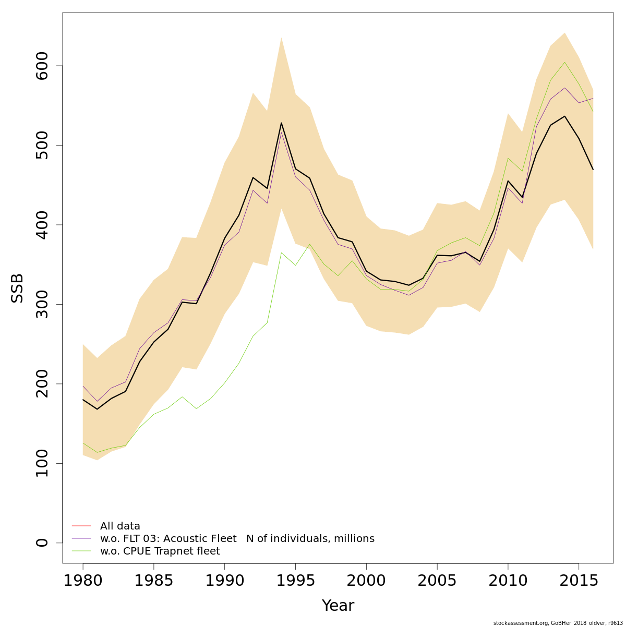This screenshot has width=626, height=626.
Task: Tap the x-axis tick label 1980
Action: pos(83,581)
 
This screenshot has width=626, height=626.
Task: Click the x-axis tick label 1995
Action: pos(295,581)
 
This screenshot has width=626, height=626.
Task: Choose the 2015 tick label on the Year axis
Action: pos(579,581)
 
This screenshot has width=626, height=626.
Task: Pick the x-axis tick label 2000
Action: pos(366,581)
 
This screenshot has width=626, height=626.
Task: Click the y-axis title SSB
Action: pos(18,288)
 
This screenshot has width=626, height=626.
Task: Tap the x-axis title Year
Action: pos(338,606)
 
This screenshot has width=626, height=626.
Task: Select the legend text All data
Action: pos(120,526)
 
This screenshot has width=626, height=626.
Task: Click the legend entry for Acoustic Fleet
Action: pos(237,539)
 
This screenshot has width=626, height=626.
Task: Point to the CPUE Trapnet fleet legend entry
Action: pos(160,551)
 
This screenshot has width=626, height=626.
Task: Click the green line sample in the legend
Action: pos(81,551)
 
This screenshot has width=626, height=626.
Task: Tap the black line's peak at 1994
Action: pos(281,123)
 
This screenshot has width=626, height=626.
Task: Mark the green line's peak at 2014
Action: pos(564,62)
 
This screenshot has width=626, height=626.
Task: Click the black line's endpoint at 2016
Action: pos(593,169)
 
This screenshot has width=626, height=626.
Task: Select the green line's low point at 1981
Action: pos(97,452)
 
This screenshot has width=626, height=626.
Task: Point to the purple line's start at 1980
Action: pos(83,386)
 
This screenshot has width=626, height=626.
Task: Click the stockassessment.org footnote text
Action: pos(558,623)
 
